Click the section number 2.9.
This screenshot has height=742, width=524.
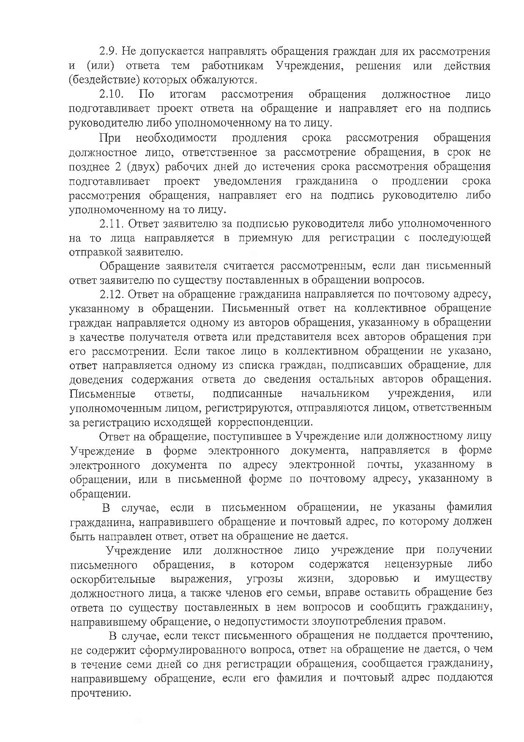point(109,52)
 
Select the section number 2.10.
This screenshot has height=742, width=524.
point(112,94)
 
